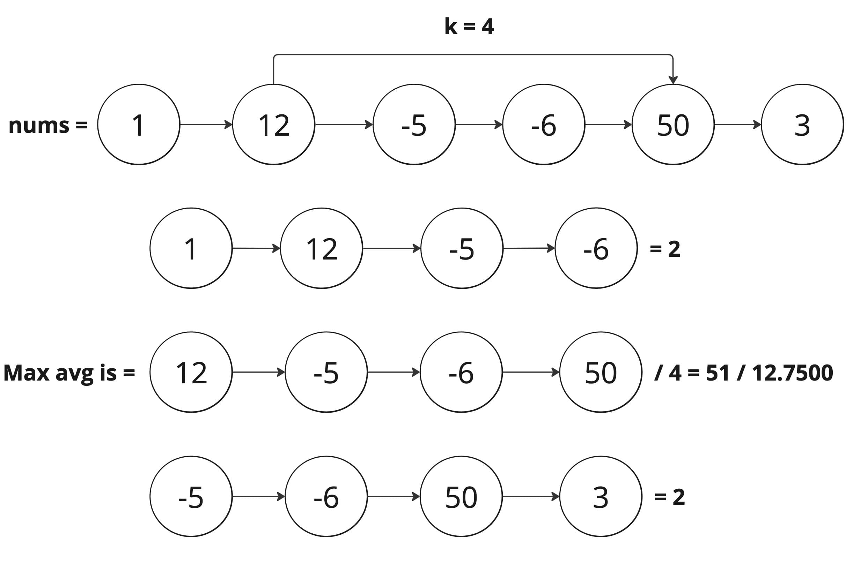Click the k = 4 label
[469, 27]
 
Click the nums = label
[48, 125]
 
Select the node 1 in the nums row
[139, 125]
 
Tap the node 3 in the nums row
[802, 125]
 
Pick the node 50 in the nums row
[673, 125]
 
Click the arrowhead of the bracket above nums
[673, 80]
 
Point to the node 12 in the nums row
[273, 125]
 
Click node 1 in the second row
[191, 248]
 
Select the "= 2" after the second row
[665, 249]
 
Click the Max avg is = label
[69, 373]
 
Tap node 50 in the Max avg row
[601, 372]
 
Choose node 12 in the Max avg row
[191, 372]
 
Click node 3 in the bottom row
[601, 496]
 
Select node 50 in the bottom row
[461, 496]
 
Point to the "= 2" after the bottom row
[669, 497]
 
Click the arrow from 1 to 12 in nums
[206, 125]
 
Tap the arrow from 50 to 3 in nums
[738, 125]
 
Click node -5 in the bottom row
[191, 496]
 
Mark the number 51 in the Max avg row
[718, 373]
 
